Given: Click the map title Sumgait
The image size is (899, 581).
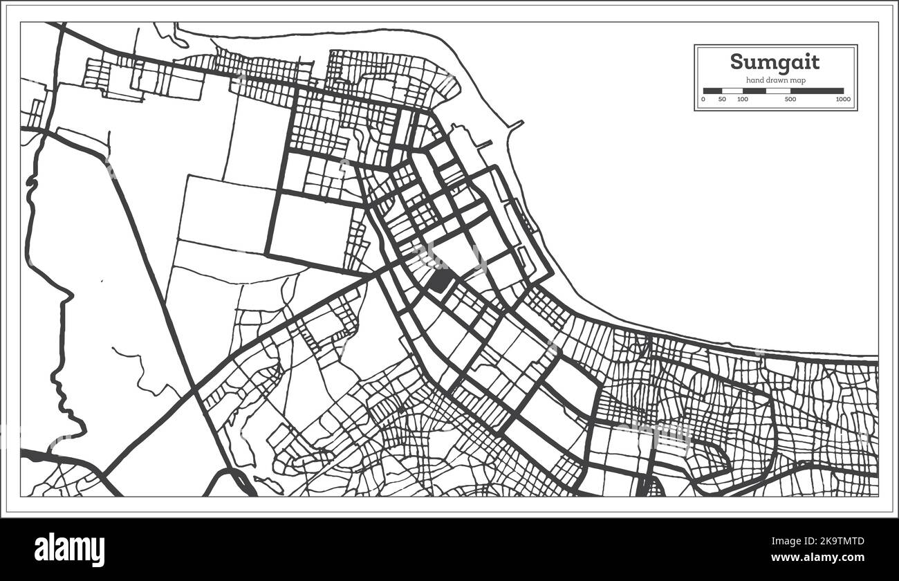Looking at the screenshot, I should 775,62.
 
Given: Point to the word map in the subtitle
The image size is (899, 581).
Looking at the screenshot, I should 797,81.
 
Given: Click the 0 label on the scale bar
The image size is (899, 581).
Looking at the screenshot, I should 703,100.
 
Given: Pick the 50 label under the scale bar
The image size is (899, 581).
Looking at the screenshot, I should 722,100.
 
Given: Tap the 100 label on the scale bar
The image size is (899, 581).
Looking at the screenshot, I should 742,100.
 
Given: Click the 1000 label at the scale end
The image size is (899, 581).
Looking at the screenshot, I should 842,100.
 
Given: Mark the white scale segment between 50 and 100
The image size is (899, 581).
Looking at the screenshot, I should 732,91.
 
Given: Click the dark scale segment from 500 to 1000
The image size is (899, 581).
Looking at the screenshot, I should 817,91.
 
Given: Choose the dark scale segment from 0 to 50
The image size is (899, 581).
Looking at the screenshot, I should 712,91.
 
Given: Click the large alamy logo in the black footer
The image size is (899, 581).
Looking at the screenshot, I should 69,550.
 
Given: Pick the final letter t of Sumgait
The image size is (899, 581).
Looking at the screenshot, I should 815,62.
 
